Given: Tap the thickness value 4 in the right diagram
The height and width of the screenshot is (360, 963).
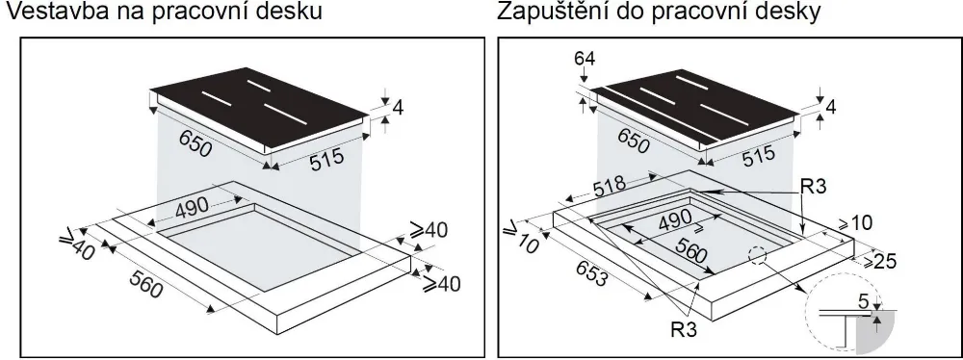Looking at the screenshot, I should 831,107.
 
